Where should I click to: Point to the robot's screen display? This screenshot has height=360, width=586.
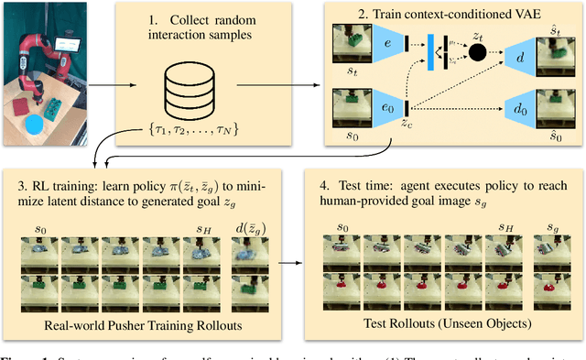[66, 43]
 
